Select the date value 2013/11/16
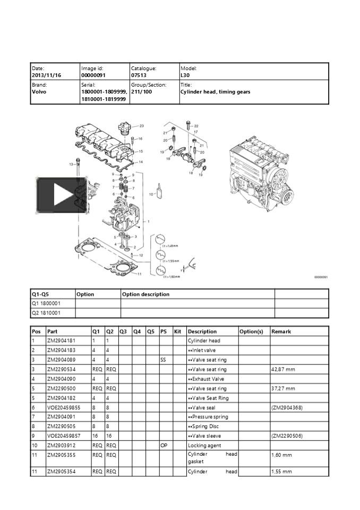click(47, 75)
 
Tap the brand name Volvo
click(39, 92)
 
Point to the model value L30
click(185, 75)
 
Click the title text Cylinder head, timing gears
click(215, 92)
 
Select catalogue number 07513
click(139, 75)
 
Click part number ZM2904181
click(61, 341)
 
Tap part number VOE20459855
click(64, 407)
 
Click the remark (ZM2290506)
click(287, 436)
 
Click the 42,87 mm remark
click(282, 369)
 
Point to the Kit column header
click(178, 331)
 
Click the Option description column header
click(146, 294)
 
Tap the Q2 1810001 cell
click(46, 313)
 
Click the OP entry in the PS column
click(164, 446)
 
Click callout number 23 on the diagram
click(142, 126)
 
